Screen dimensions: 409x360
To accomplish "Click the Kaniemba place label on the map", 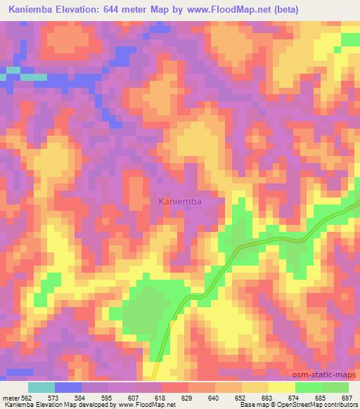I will pyautogui.click(x=181, y=202).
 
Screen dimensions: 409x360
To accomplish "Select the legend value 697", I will pyautogui.click(x=347, y=398).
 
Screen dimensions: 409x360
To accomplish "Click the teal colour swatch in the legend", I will pyautogui.click(x=41, y=387).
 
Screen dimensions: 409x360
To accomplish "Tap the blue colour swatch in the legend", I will pyautogui.click(x=67, y=387).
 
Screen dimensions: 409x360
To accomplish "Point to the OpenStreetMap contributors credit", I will pyautogui.click(x=317, y=405).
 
